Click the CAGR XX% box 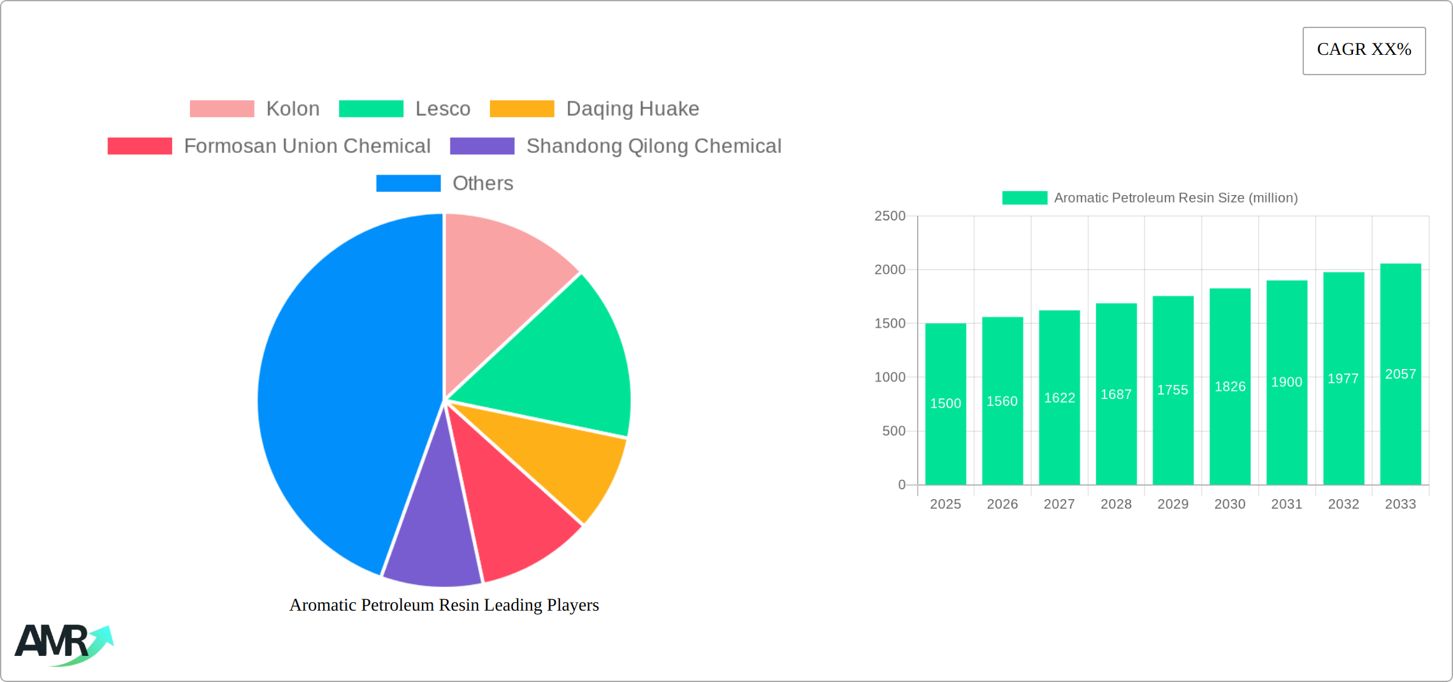click(1364, 50)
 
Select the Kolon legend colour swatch click(222, 109)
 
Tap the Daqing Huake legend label click(632, 109)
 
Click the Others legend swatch click(408, 184)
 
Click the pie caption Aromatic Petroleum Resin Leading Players click(444, 605)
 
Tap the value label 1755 click(1173, 390)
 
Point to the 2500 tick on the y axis click(890, 216)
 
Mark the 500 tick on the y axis click(893, 432)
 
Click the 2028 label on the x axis click(1116, 504)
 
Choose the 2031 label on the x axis click(1287, 504)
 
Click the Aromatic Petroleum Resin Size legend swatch click(1024, 198)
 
